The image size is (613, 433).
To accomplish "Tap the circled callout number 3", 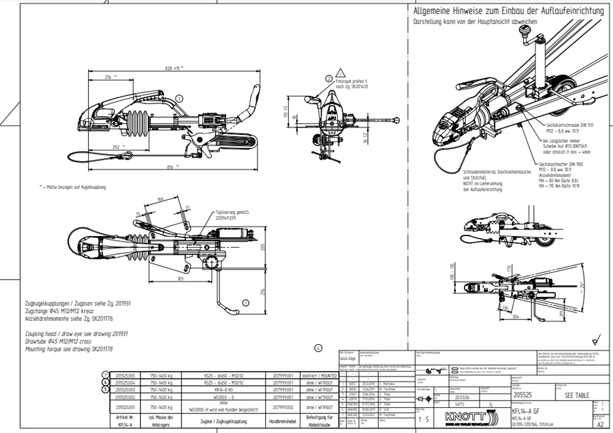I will coord(179,98).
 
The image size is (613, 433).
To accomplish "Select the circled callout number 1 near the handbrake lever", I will coord(246,302).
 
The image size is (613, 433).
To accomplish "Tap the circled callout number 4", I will coord(318,348).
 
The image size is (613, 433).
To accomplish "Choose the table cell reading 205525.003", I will coord(124,389).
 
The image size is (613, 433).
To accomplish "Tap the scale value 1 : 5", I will coord(424,420).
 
